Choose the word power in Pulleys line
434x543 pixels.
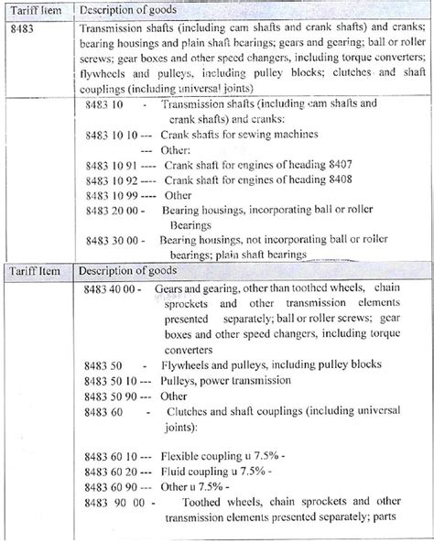click(216, 379)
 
